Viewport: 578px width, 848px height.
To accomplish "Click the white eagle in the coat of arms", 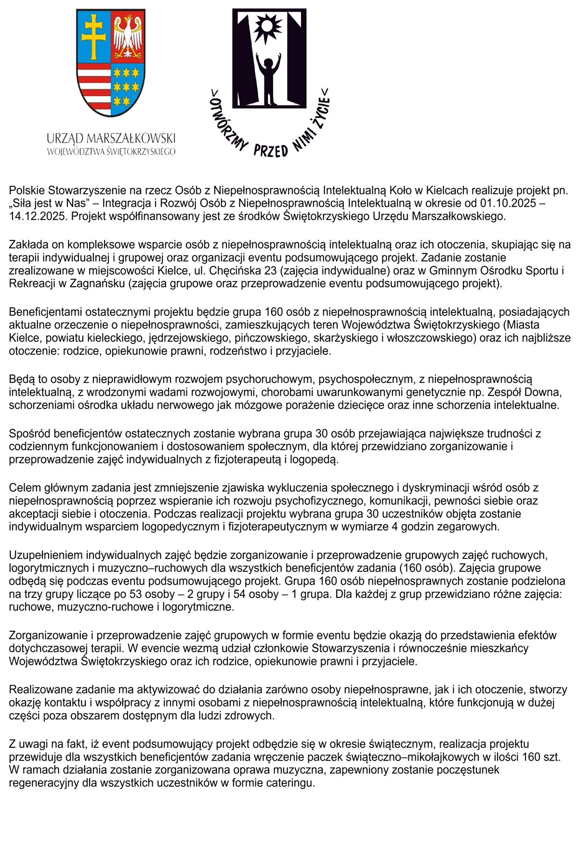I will [x=128, y=36].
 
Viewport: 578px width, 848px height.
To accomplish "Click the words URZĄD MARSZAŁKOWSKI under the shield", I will [x=111, y=139].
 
